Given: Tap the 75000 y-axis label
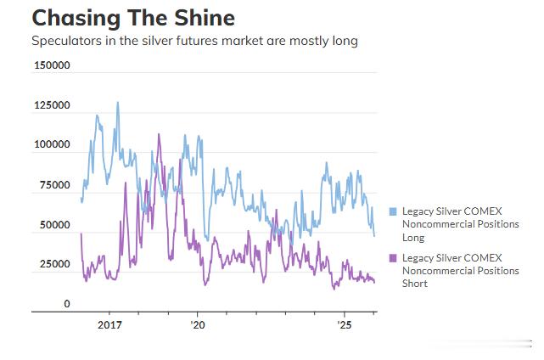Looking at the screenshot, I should (x=53, y=185).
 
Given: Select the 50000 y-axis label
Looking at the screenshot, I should (x=53, y=225).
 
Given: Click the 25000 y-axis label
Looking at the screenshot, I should (x=53, y=264).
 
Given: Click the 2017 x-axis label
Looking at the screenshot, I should (x=110, y=324).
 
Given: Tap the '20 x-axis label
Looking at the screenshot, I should (x=197, y=324).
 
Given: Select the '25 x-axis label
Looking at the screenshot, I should (x=345, y=324).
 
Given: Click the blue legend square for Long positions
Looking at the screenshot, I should (x=393, y=211).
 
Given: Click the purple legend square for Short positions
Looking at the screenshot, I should (x=393, y=258).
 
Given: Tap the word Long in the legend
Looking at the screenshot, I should (x=413, y=238).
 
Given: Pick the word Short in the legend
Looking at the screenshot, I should (x=415, y=284).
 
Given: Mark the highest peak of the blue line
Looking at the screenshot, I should (x=117, y=103).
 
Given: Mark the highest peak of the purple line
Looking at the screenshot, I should (x=159, y=134).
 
